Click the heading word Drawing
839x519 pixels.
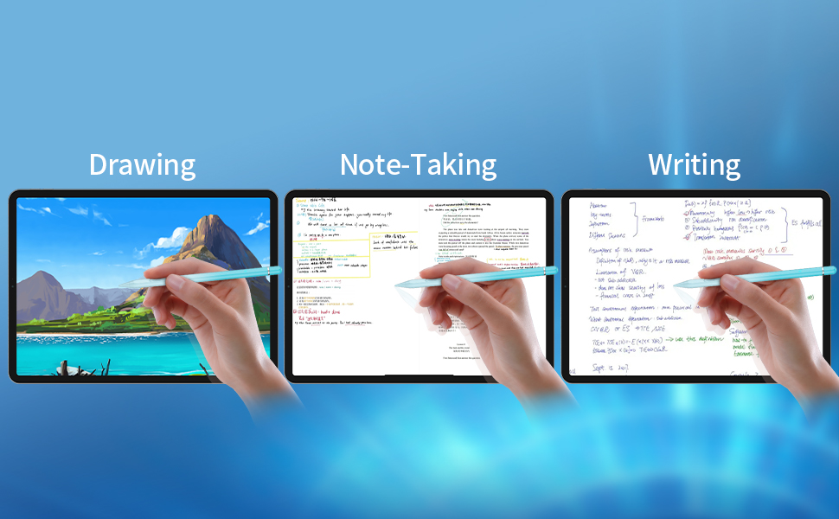click(142, 164)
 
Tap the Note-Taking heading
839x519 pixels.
click(418, 164)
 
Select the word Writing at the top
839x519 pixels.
click(694, 164)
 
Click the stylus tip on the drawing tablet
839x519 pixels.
click(121, 284)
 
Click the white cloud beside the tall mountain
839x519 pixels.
click(178, 235)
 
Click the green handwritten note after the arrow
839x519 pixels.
click(683, 340)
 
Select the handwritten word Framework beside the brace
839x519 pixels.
click(659, 220)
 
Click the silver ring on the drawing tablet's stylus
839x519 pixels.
click(269, 272)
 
